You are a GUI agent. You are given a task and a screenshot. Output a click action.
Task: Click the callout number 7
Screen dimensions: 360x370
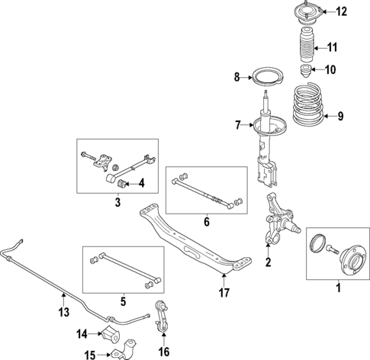tap(238, 124)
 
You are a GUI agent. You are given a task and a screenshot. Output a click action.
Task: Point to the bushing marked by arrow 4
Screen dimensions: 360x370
tap(120, 182)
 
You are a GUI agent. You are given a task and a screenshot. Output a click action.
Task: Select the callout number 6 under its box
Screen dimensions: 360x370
tap(206, 222)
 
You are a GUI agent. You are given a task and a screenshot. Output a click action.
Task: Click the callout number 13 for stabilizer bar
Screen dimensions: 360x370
tap(64, 311)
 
